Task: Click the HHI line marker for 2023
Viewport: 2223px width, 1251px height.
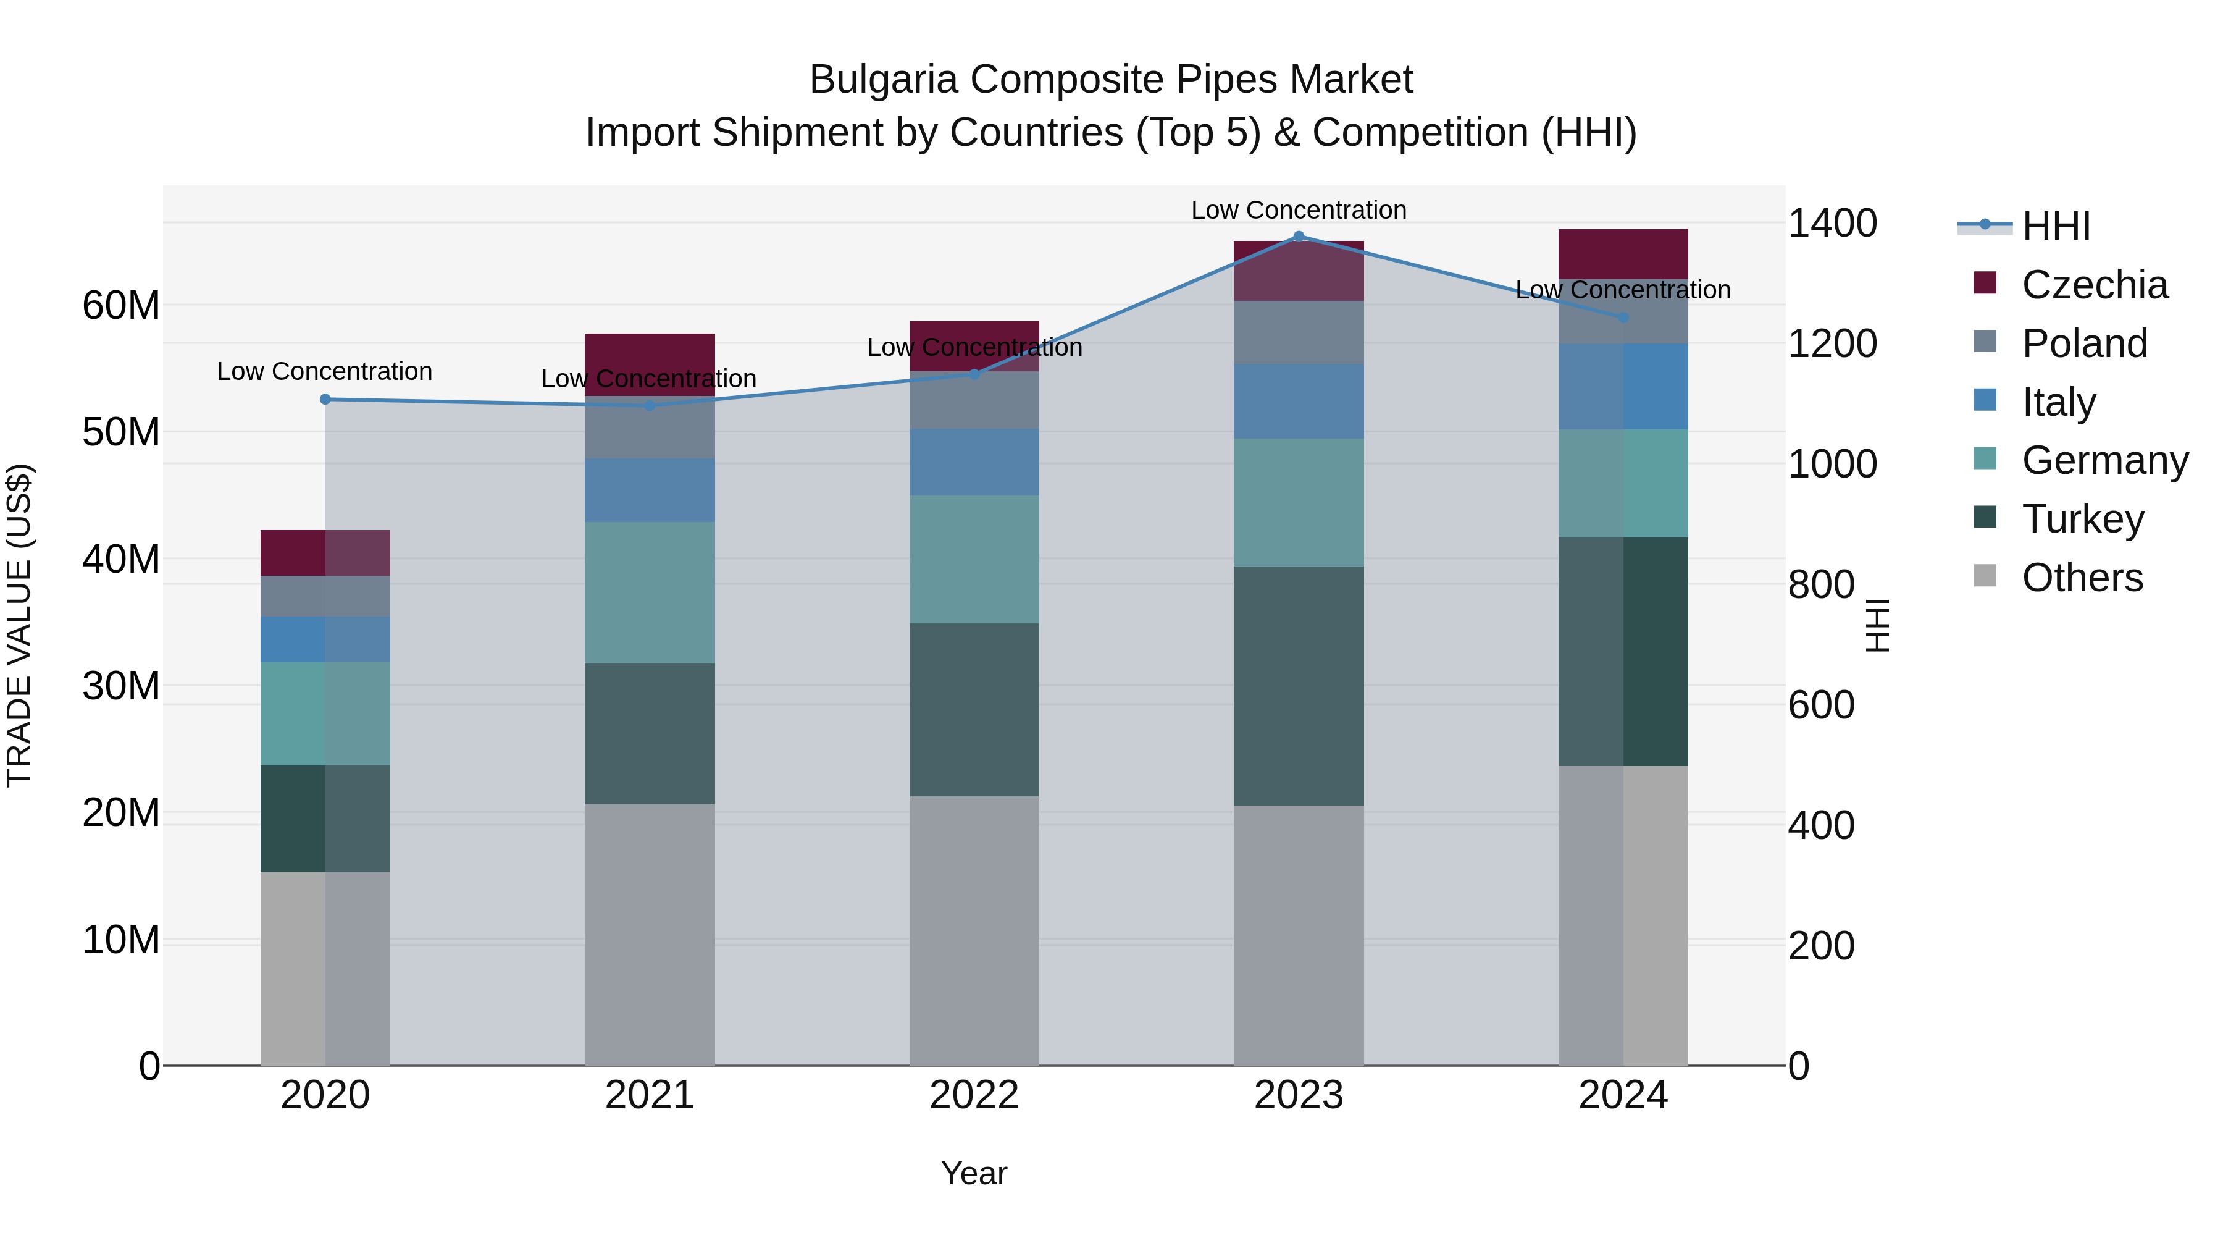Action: point(1298,237)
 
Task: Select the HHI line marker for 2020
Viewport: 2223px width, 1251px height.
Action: point(325,399)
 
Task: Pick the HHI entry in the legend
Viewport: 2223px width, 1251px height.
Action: point(2056,226)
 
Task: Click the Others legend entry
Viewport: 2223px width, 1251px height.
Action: point(2082,578)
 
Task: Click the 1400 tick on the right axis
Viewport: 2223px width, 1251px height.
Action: point(1832,224)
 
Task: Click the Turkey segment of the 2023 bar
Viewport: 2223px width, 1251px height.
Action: point(1298,686)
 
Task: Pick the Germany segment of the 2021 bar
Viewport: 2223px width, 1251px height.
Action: point(649,592)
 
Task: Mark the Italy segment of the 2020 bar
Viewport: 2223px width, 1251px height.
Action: point(325,640)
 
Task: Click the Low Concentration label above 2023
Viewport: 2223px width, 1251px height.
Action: point(1298,210)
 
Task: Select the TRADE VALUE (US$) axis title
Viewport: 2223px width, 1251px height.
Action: point(19,625)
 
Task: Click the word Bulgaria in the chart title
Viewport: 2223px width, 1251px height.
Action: point(883,80)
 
